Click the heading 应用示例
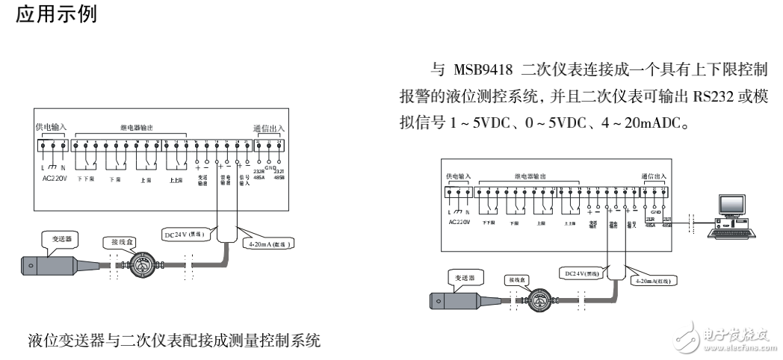(x=56, y=13)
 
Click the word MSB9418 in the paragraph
(x=481, y=69)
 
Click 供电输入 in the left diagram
(x=51, y=128)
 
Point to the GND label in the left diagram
(x=270, y=169)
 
